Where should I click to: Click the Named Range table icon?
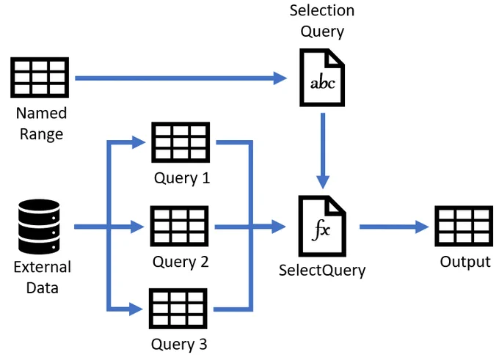pyautogui.click(x=40, y=77)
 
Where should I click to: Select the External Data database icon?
pyautogui.click(x=39, y=227)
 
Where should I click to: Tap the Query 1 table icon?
pyautogui.click(x=181, y=142)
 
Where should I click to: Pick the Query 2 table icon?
pyautogui.click(x=179, y=226)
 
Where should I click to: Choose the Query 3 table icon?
pyautogui.click(x=178, y=309)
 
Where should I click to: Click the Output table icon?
pyautogui.click(x=464, y=226)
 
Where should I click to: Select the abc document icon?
pyautogui.click(x=322, y=78)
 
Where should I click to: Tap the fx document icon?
pyautogui.click(x=322, y=226)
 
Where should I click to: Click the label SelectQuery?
pyautogui.click(x=322, y=271)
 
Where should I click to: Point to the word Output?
pyautogui.click(x=465, y=262)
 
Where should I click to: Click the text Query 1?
pyautogui.click(x=182, y=178)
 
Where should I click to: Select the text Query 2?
pyautogui.click(x=181, y=262)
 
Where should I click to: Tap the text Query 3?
pyautogui.click(x=179, y=345)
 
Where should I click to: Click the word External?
pyautogui.click(x=43, y=267)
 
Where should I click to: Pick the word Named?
pyautogui.click(x=41, y=113)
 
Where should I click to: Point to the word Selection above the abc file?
pyautogui.click(x=322, y=10)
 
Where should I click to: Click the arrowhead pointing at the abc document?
pyautogui.click(x=280, y=78)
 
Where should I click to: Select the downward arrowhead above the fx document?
pyautogui.click(x=323, y=183)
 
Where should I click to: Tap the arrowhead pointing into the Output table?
pyautogui.click(x=422, y=227)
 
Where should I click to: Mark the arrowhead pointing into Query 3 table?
pyautogui.click(x=136, y=309)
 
